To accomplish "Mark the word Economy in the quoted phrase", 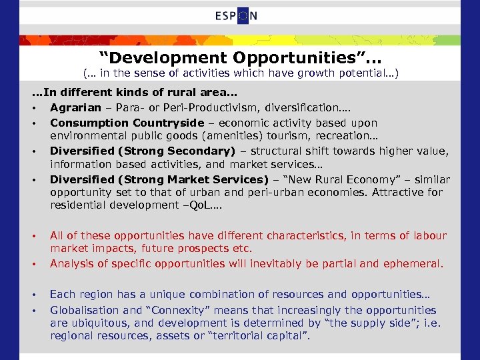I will coord(350,179).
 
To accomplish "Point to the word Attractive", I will coord(395,192).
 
